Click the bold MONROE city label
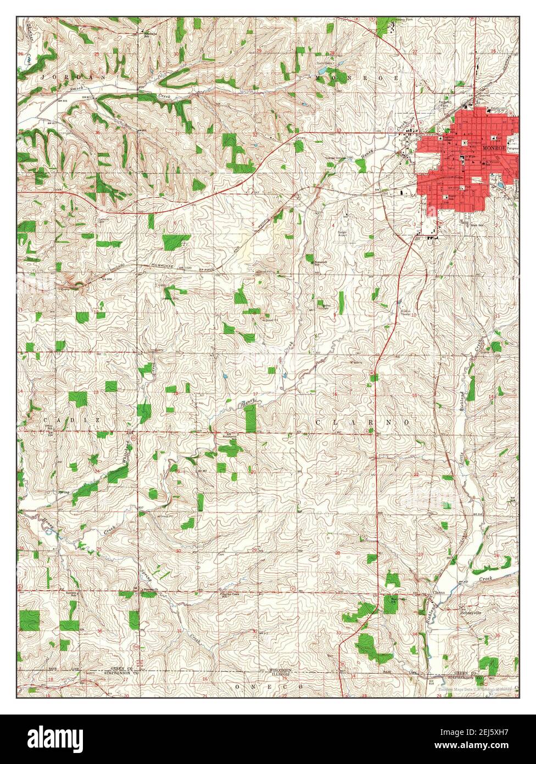(x=493, y=148)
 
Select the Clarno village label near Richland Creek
(x=437, y=592)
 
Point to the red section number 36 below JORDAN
(x=97, y=132)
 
